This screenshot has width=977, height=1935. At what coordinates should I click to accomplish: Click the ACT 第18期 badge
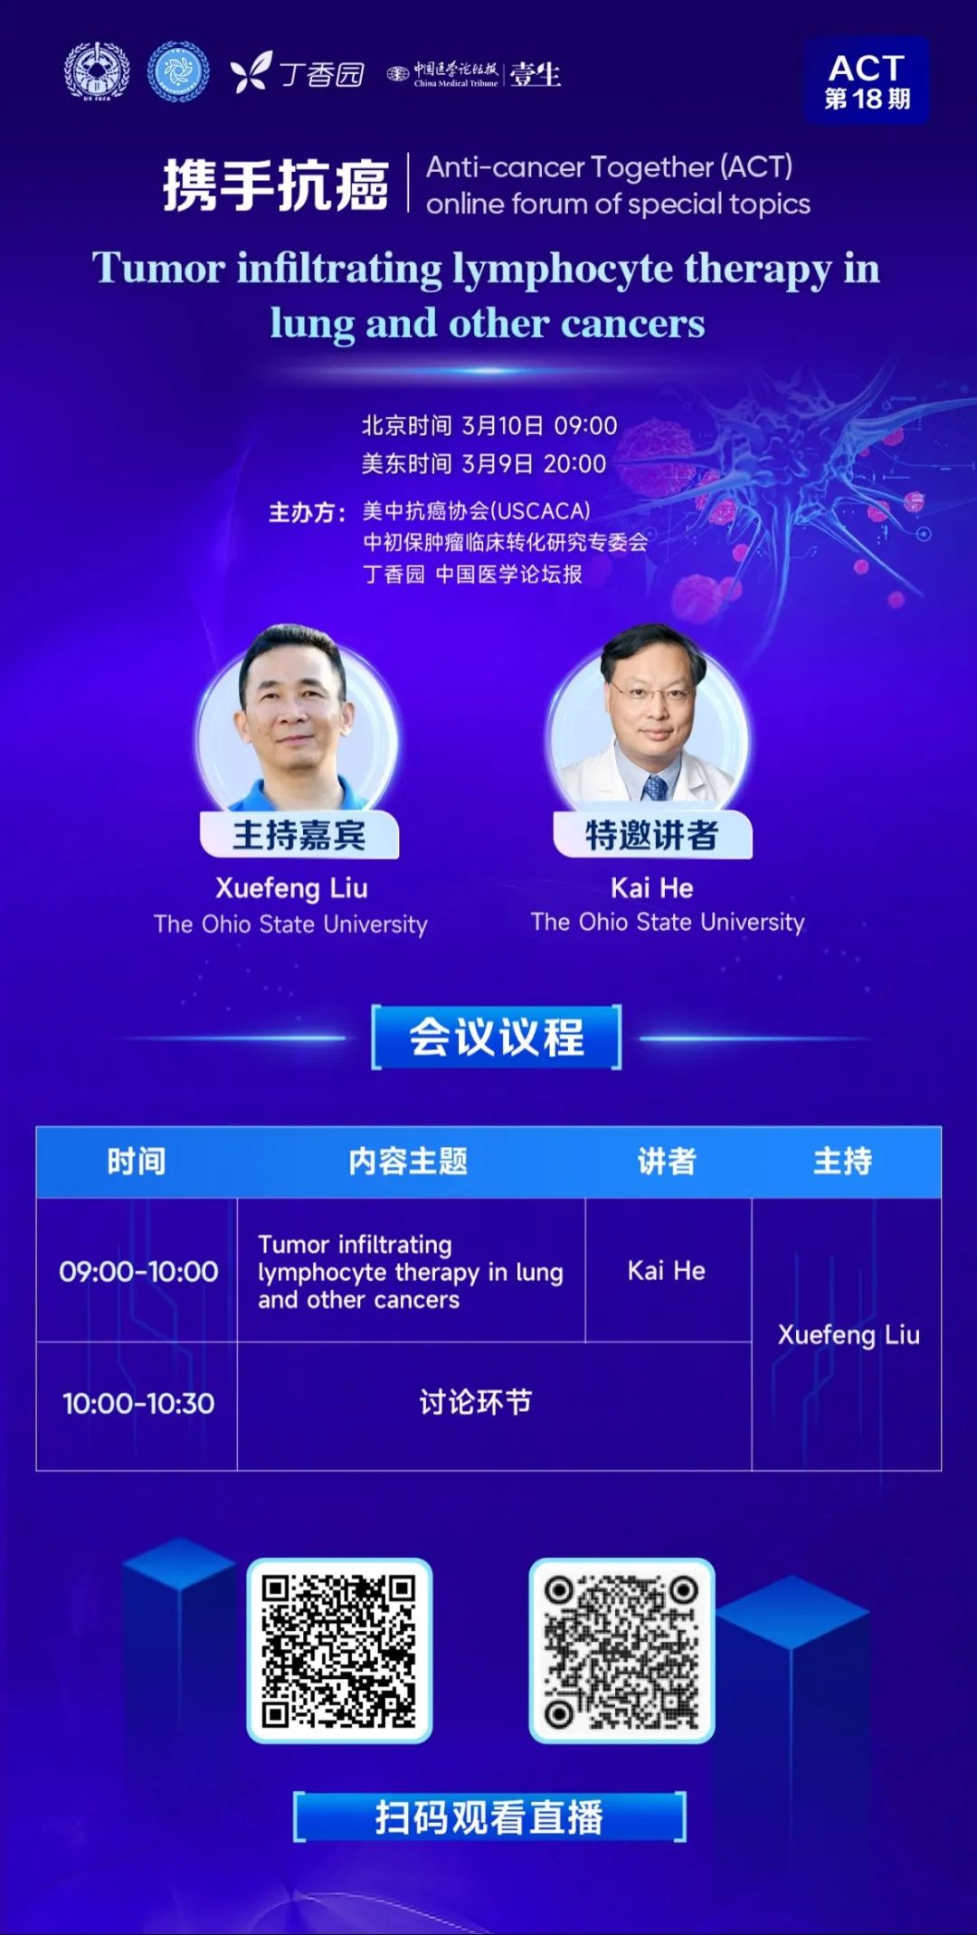(867, 81)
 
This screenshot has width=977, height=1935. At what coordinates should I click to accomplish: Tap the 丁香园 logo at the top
(298, 72)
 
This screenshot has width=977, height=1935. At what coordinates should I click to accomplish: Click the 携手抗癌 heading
(276, 185)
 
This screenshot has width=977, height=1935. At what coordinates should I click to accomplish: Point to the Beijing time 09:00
(585, 426)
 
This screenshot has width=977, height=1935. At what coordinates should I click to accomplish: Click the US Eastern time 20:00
(574, 464)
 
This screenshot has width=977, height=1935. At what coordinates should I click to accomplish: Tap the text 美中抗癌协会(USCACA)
(476, 511)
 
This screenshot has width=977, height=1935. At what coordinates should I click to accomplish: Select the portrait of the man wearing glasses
(649, 719)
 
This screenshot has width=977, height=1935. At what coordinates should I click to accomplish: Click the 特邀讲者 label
(652, 834)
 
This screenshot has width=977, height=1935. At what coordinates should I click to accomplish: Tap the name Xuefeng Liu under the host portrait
(291, 888)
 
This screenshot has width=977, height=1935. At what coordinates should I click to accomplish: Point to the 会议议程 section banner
(497, 1037)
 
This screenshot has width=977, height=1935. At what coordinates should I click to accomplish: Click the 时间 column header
(137, 1162)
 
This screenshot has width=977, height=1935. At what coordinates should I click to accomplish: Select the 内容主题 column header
(408, 1162)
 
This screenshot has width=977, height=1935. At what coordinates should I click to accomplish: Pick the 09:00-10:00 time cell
(138, 1272)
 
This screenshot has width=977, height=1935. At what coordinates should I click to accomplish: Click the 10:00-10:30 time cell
(138, 1404)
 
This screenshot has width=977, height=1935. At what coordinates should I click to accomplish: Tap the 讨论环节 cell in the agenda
(475, 1402)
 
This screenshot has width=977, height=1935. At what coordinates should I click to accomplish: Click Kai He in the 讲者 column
(667, 1271)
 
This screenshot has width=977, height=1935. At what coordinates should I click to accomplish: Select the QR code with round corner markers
(621, 1650)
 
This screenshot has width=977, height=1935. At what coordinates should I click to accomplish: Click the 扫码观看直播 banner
(489, 1816)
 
